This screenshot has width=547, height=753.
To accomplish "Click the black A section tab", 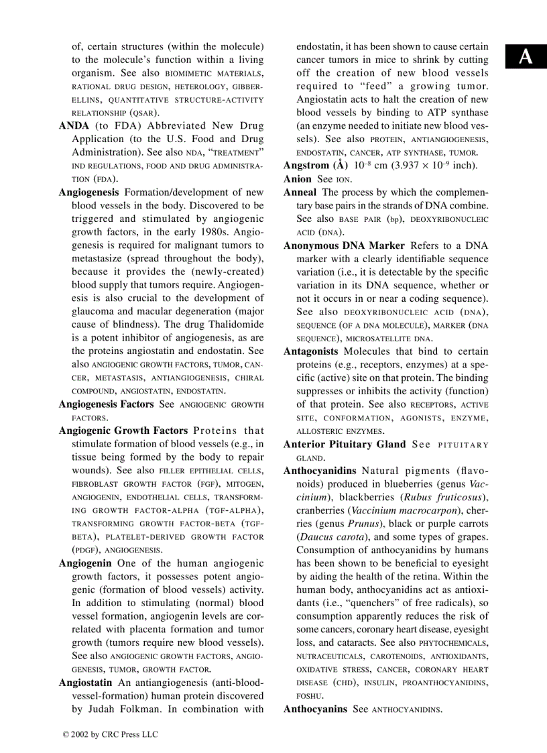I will [x=526, y=58].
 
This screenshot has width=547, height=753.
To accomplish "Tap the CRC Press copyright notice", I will [x=110, y=734].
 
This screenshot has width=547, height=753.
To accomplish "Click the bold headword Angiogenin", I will [x=85, y=563].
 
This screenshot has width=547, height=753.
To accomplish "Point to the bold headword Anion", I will [x=298, y=179].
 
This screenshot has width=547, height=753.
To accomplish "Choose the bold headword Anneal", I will [x=300, y=192].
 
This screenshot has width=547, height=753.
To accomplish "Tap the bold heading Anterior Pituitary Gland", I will [x=345, y=444].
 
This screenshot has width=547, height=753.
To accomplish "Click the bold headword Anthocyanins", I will [x=315, y=709].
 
